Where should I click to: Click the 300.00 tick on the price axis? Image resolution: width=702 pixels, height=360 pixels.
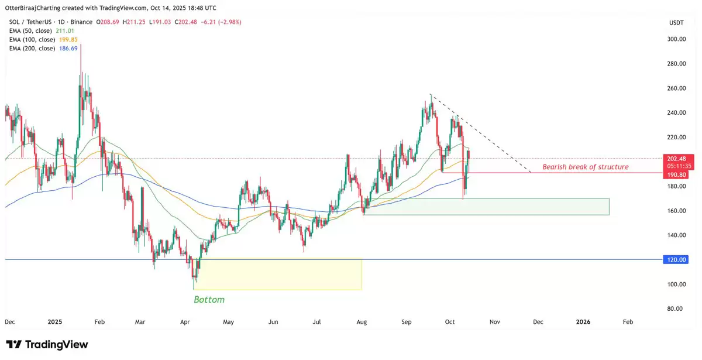[x=677, y=39]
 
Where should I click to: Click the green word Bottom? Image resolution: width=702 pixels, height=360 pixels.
[x=209, y=299]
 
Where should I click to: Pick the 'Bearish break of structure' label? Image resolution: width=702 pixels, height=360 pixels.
[x=585, y=167]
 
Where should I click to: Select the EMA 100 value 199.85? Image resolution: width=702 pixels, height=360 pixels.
[x=68, y=39]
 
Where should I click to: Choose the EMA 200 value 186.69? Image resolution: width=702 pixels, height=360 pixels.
[x=68, y=48]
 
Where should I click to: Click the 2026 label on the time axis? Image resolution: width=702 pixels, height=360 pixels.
[x=583, y=321]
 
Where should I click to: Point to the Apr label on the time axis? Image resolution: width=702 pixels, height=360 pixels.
[x=185, y=321]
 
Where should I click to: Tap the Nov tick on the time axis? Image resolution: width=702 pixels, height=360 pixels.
[x=495, y=321]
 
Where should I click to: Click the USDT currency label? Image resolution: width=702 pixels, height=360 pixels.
[x=676, y=22]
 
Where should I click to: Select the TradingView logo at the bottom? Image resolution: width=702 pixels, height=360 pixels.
[x=47, y=344]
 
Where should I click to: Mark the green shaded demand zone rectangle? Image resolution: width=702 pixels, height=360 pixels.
[x=486, y=206]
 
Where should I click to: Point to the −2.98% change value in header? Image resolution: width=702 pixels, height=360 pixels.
[x=229, y=22]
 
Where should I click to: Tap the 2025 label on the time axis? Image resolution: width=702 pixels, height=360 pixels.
[x=54, y=321]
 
